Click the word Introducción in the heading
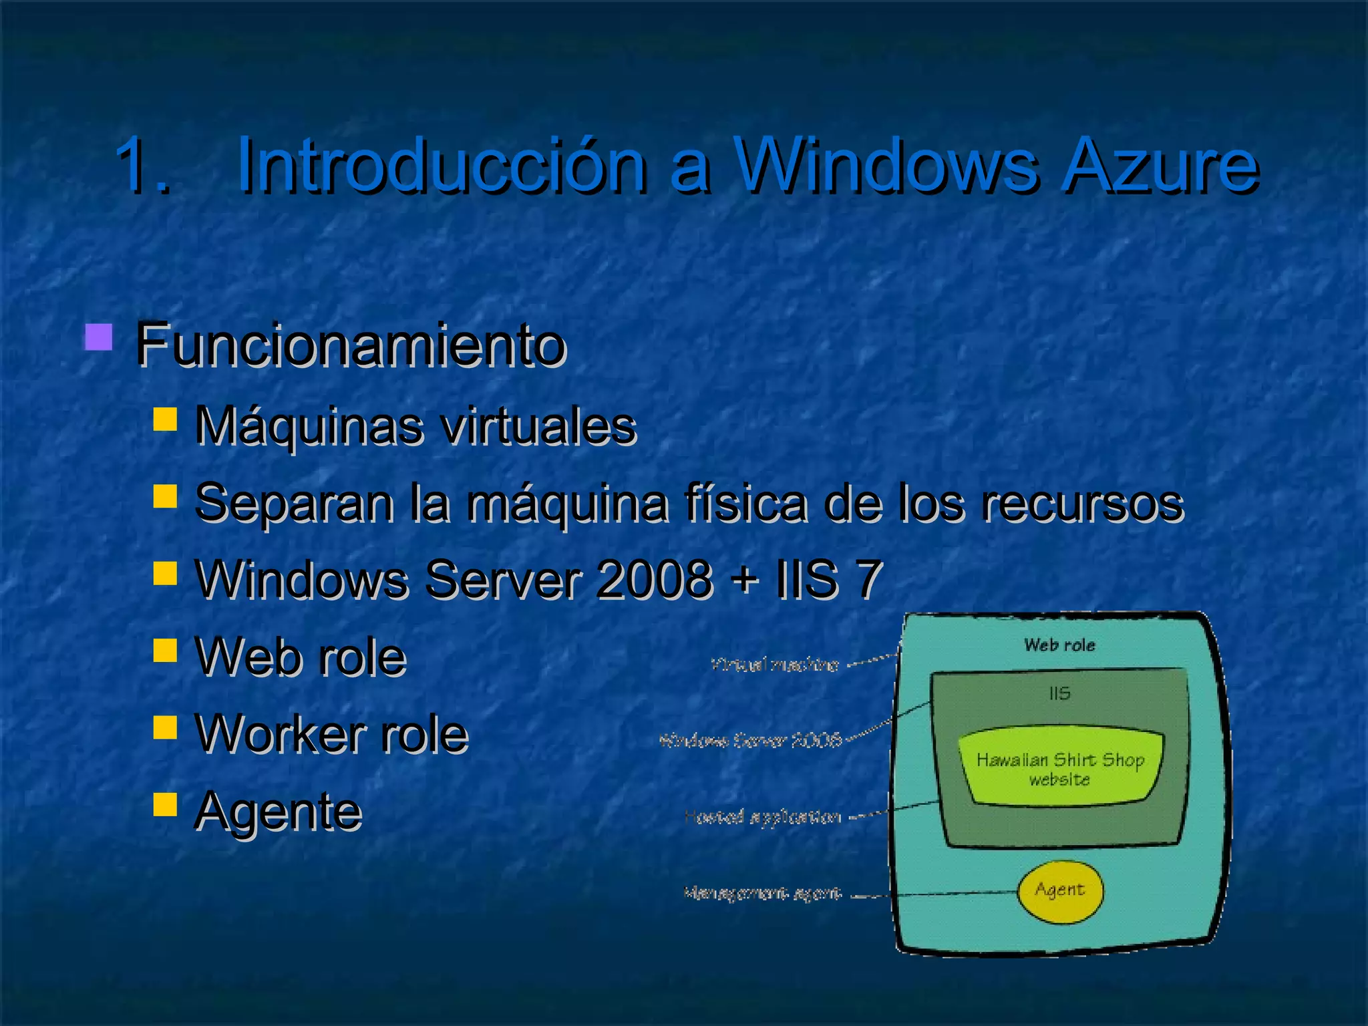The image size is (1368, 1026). [441, 164]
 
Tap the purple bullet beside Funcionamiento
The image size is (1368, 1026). [98, 337]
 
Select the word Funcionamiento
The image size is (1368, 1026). [351, 345]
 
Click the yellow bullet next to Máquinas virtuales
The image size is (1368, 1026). [165, 419]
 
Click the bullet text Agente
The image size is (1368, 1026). [278, 811]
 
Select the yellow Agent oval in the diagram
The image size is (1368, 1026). [1060, 890]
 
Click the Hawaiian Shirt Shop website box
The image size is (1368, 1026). [1060, 769]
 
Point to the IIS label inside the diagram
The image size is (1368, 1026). [1059, 693]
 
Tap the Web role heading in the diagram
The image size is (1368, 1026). [1059, 645]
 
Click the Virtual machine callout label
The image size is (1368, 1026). [775, 665]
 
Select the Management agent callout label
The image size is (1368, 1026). [763, 892]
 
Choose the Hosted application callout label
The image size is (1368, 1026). [763, 816]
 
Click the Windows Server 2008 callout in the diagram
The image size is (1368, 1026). [750, 740]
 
